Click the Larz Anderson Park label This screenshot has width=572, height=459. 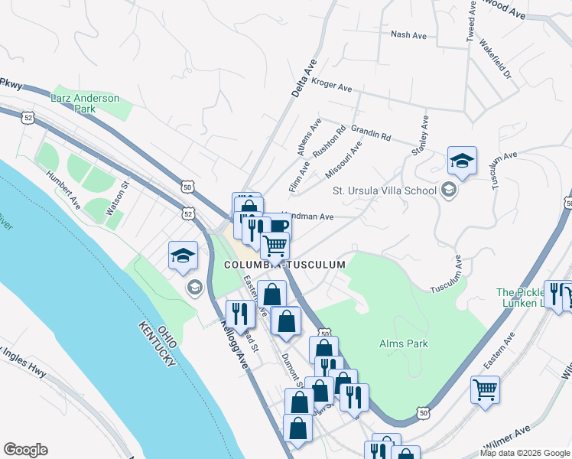coord(85,104)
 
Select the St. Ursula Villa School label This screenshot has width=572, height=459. coord(384,190)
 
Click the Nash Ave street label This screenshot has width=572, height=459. coord(408,35)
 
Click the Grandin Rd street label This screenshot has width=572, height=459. coord(371,133)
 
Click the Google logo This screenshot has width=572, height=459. coord(25,450)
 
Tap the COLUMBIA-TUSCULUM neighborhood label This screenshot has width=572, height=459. coord(284,265)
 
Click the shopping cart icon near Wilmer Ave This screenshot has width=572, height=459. coord(486,391)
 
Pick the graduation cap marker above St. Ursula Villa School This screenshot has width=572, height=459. coord(462,161)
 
